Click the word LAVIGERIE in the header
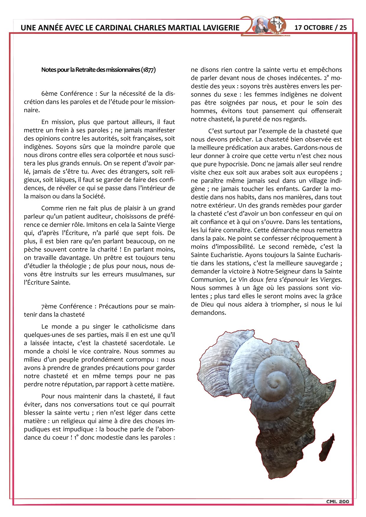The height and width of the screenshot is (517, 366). tap(221, 28)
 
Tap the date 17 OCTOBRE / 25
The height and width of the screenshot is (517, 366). tap(321, 27)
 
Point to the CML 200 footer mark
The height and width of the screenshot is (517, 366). tap(337, 501)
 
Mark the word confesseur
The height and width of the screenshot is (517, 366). tap(300, 214)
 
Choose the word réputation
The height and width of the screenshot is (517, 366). tap(119, 384)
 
